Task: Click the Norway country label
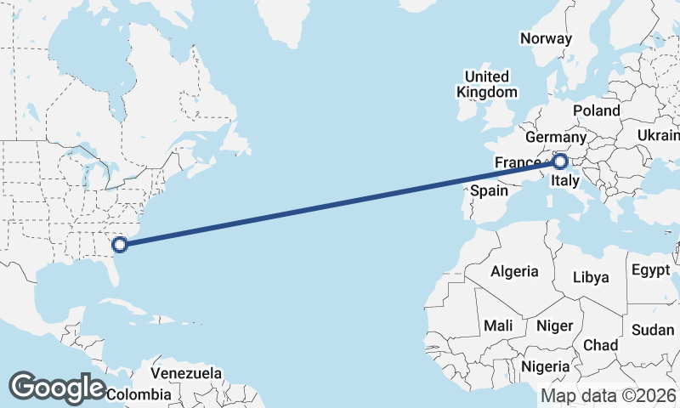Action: [547, 38]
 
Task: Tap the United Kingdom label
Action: [486, 84]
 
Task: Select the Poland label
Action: [596, 111]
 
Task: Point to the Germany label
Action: [556, 138]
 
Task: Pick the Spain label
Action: [490, 191]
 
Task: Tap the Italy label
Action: [565, 182]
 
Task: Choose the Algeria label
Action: [514, 271]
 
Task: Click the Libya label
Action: [591, 277]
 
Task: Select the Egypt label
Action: [652, 271]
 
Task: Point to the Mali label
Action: [497, 326]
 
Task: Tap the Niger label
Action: [554, 326]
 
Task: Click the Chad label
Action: [600, 345]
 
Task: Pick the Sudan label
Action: [653, 330]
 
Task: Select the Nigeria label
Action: [544, 366]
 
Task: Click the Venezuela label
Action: [186, 373]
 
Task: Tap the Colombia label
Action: [138, 394]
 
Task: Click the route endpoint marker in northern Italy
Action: [560, 160]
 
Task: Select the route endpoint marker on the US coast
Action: [120, 245]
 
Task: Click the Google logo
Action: [57, 388]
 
